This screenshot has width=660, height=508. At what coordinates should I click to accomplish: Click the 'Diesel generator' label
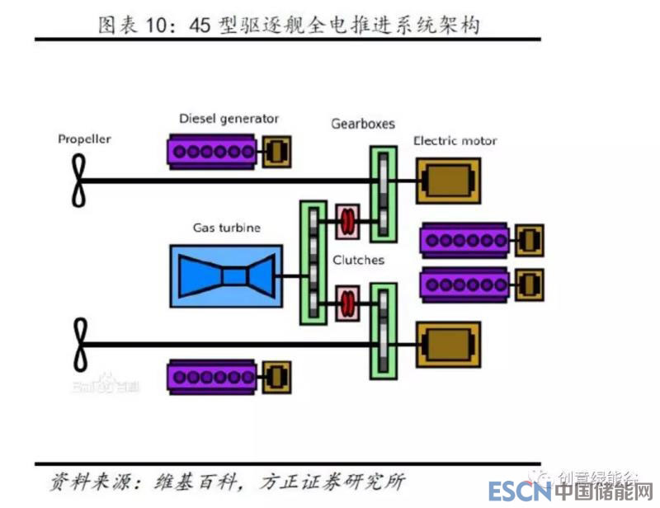click(x=229, y=119)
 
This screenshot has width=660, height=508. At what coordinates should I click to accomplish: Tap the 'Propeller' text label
click(x=84, y=139)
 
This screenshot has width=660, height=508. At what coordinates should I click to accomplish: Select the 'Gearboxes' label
click(x=363, y=124)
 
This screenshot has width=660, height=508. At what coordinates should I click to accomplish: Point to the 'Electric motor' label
click(x=455, y=141)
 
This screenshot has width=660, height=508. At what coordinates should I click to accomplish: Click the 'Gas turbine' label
click(x=226, y=228)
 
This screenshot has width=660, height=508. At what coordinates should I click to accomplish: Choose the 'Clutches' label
click(x=359, y=260)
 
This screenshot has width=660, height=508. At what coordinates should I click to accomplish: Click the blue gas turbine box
click(x=226, y=275)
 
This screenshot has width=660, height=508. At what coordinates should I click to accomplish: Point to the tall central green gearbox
click(x=313, y=262)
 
